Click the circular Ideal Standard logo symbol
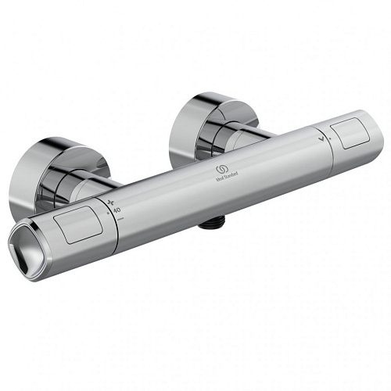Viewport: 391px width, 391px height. tap(216, 170)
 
